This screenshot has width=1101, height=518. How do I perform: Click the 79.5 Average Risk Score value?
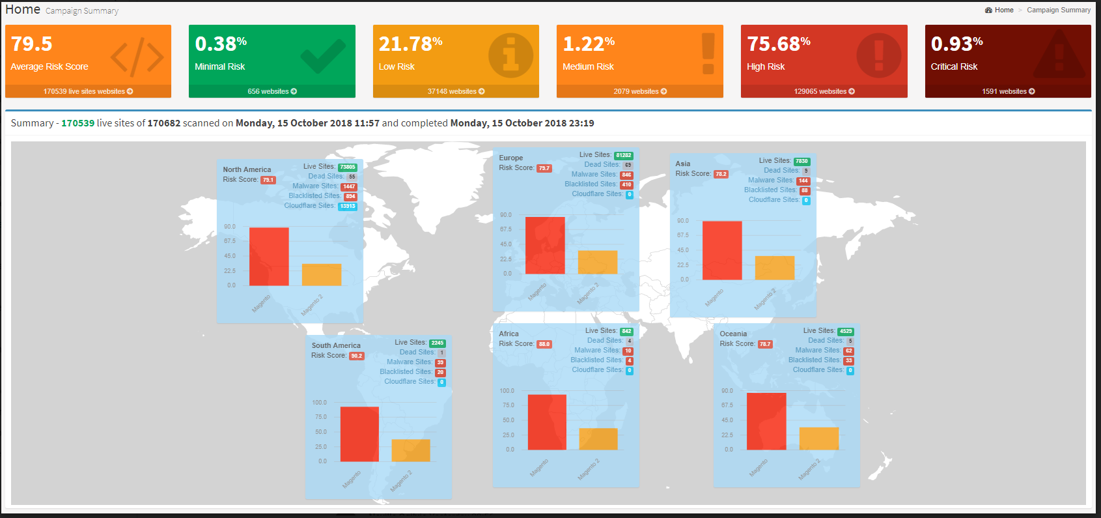pos(32,44)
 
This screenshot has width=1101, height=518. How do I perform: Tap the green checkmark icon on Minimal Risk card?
pos(323,56)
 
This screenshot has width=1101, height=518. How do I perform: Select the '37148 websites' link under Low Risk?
pos(456,91)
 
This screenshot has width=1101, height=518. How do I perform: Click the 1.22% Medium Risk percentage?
pos(589,44)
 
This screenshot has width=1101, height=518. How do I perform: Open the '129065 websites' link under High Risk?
pos(824,91)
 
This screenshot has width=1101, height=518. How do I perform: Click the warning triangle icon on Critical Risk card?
pos(1059,55)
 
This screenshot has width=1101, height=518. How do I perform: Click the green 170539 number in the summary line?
pos(77,123)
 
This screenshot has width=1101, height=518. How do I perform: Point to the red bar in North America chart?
pos(269,256)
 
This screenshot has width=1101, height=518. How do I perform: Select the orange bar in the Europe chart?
pos(597,262)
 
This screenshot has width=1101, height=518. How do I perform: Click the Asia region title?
pos(682,164)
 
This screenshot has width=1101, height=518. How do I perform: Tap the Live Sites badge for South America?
pos(438,343)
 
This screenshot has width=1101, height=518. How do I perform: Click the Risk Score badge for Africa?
pos(544,344)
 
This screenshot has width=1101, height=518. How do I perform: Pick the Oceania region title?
pos(733,334)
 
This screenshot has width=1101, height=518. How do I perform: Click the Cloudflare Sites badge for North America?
pos(348,206)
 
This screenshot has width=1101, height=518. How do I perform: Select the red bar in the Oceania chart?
pos(766,421)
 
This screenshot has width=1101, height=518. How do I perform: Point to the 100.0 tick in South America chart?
pos(319,403)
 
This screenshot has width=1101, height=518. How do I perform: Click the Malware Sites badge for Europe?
pos(626,175)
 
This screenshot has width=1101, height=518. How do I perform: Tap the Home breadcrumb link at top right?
pos(1003,10)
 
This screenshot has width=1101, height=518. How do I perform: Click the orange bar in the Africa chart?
pos(598,439)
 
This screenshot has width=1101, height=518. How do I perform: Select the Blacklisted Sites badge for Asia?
pos(805,190)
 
